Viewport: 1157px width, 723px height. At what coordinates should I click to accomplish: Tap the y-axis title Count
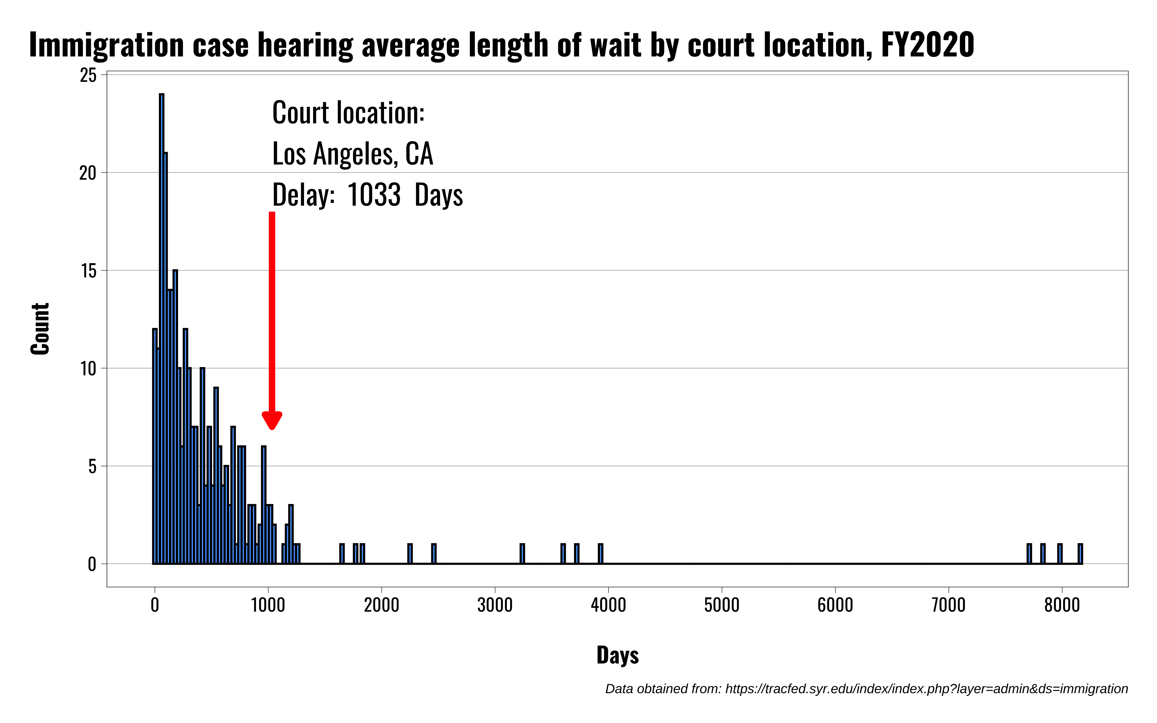pyautogui.click(x=40, y=329)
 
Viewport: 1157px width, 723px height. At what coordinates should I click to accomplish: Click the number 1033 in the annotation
pyautogui.click(x=374, y=195)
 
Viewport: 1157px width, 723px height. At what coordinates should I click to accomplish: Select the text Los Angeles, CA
pyautogui.click(x=352, y=154)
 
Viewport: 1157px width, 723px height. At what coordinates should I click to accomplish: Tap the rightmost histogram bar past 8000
pyautogui.click(x=1080, y=554)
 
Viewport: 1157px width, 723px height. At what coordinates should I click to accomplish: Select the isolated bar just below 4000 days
pyautogui.click(x=601, y=554)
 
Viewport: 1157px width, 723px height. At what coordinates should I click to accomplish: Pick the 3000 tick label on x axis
pyautogui.click(x=495, y=605)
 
